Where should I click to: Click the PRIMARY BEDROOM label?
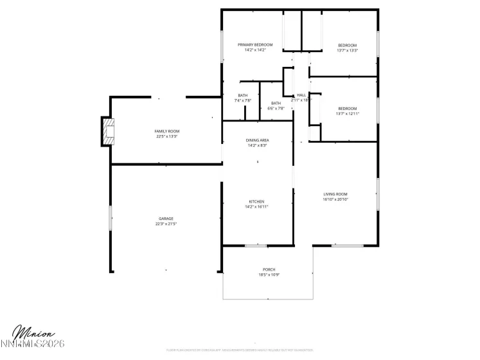[x=255, y=45]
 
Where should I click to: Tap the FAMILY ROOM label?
[x=166, y=131]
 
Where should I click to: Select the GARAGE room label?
[x=166, y=219]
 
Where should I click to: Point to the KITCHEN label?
[x=257, y=202]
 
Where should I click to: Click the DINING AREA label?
[x=257, y=140]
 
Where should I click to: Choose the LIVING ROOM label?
[x=335, y=194]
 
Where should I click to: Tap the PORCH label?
[x=269, y=269]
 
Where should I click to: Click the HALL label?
[x=301, y=95]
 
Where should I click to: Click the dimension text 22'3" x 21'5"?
[x=166, y=224]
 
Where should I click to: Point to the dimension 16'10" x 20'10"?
[x=335, y=199]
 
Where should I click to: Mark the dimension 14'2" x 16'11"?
[x=257, y=207]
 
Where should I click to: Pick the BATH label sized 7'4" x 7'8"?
[x=243, y=96]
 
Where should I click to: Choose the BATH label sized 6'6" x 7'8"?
[x=276, y=104]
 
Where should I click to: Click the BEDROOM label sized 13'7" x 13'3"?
[x=348, y=45]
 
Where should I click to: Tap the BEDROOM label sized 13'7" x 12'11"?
[x=348, y=109]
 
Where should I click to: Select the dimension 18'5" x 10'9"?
[x=269, y=275]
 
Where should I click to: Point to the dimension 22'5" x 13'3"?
[x=166, y=136]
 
